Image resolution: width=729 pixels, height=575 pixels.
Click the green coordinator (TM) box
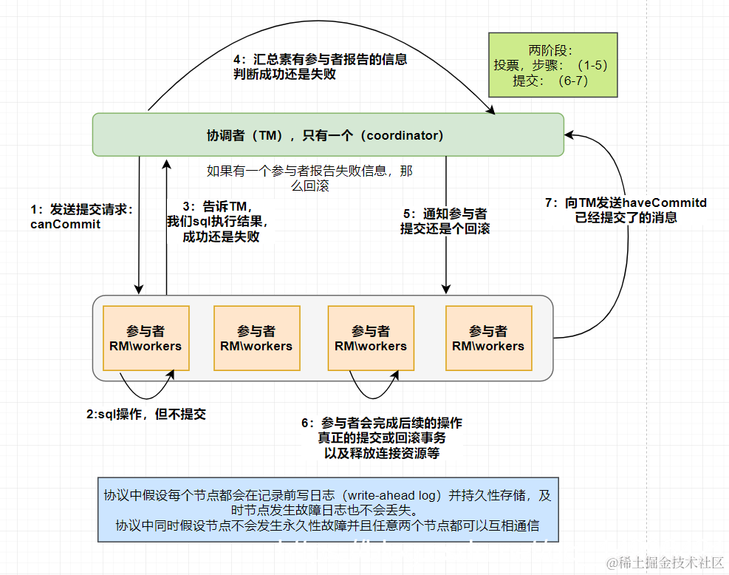(327, 135)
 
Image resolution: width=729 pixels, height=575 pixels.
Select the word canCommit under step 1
(66, 224)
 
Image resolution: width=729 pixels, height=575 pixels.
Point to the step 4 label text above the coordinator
(320, 67)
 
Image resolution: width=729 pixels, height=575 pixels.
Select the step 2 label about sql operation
(146, 414)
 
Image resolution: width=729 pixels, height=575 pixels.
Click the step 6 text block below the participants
(382, 438)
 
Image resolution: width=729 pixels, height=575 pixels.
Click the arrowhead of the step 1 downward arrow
(138, 287)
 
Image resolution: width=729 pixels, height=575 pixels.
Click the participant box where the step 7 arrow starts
(488, 338)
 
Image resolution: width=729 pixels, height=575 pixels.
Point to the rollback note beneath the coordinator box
(309, 178)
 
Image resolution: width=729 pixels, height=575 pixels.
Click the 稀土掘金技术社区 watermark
(665, 562)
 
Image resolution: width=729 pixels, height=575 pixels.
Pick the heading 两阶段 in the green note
(551, 50)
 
